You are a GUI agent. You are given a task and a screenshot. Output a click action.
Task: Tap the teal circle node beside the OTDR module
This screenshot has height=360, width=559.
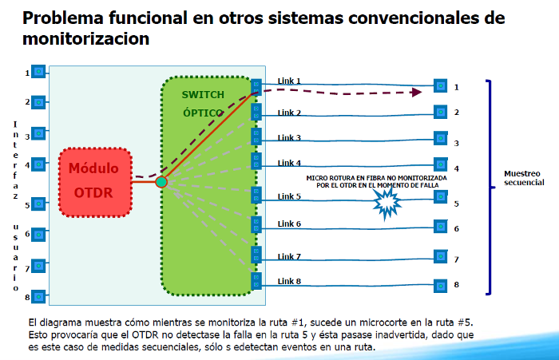[161, 182]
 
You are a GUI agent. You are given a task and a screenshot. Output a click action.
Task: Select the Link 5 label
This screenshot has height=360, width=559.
[288, 196]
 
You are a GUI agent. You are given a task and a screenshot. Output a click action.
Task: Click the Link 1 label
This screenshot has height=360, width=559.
[288, 81]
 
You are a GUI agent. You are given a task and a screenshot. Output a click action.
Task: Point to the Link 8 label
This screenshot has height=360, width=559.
[288, 281]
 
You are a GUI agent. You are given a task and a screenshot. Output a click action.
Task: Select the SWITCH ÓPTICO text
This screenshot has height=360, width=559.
[203, 104]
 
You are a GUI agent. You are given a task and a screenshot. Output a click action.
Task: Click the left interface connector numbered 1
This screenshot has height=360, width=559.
[38, 73]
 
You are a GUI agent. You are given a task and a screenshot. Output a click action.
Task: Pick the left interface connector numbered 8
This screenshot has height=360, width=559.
[38, 297]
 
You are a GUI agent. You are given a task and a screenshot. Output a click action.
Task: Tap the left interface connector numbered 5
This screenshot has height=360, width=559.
[38, 204]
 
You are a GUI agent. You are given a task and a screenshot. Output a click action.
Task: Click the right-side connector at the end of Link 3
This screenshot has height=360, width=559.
[439, 138]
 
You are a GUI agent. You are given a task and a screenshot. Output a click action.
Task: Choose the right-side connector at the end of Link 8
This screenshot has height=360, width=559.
[439, 285]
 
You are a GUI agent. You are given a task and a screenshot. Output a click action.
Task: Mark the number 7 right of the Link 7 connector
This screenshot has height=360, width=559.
[456, 259]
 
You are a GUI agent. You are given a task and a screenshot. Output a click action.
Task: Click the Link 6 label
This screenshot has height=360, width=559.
[288, 224]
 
